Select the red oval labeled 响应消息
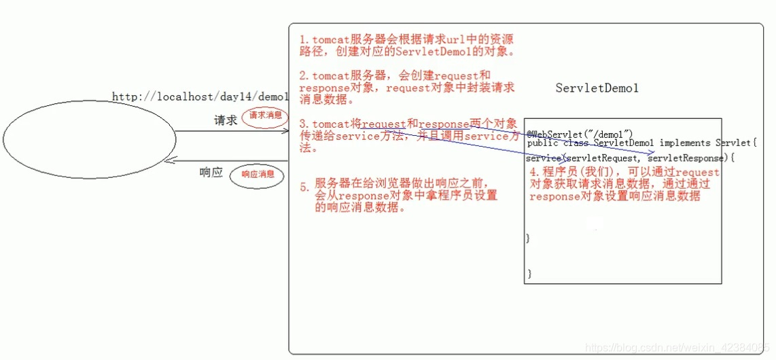(x=258, y=175)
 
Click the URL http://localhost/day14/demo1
(x=200, y=97)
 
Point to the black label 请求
(x=226, y=120)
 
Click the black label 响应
(x=211, y=173)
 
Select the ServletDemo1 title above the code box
(x=597, y=88)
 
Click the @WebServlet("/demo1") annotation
(x=580, y=132)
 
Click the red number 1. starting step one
(x=303, y=39)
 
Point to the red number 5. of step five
(x=304, y=187)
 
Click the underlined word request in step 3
(x=383, y=124)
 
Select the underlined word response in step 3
(x=444, y=124)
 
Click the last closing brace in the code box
(x=529, y=273)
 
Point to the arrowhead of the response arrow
(x=173, y=160)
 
